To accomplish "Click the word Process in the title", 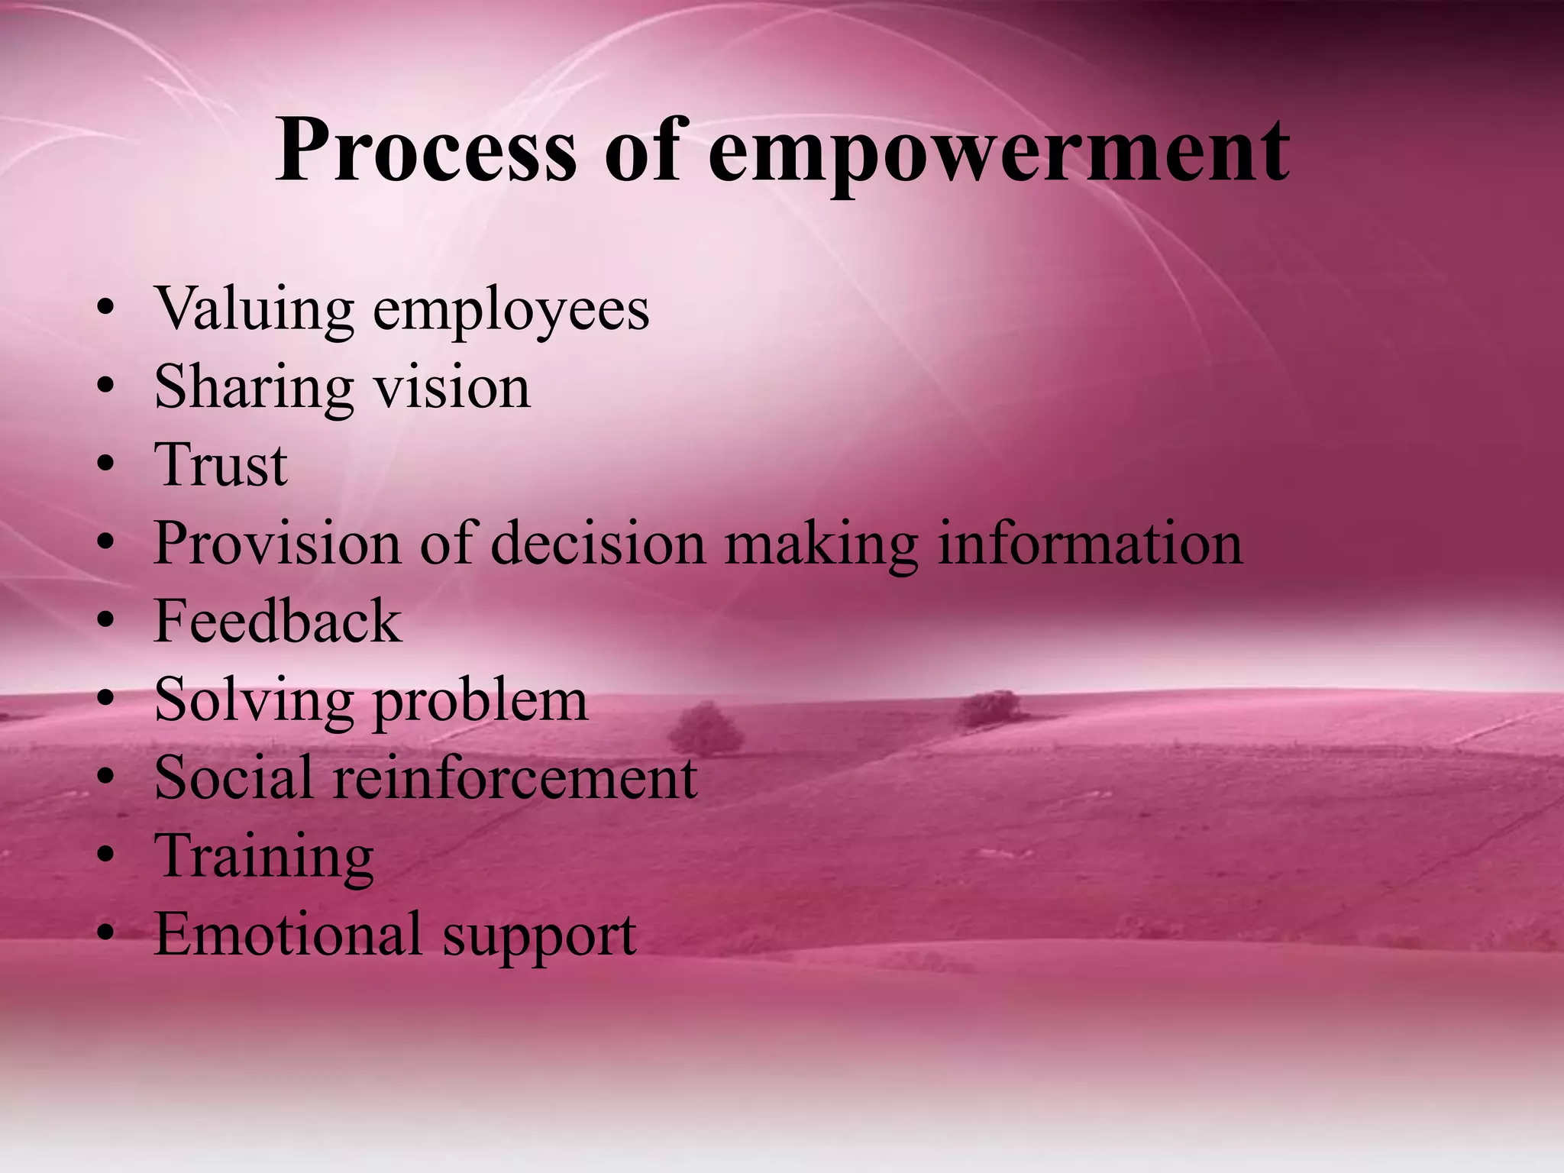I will pos(426,150).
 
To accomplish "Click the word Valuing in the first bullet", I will pos(254,309).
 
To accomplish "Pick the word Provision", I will pos(276,543).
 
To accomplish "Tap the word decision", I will pos(598,543).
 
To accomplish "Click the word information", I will pos(1089,543).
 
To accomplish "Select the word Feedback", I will pos(277,621).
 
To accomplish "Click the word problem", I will pos(480,701).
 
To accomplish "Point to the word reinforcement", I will pos(514,777).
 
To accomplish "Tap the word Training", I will pos(263,857).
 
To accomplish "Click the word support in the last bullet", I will pos(539,937).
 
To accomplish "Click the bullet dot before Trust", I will pos(106,464).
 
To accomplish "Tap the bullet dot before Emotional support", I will pos(106,934).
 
